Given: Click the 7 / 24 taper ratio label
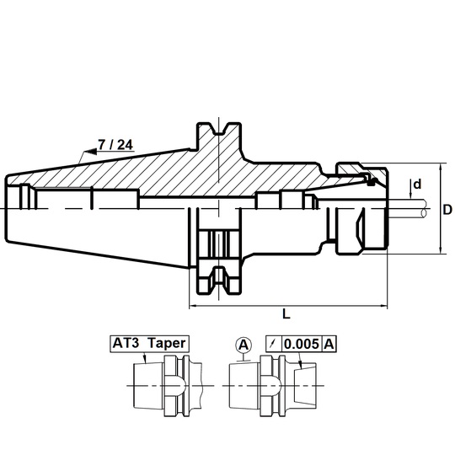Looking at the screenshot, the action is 115,145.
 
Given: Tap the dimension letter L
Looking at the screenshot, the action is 286,313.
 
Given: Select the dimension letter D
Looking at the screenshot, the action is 447,210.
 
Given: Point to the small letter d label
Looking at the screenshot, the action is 417,184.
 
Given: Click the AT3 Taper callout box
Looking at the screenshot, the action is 150,344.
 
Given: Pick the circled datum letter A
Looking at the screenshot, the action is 244,345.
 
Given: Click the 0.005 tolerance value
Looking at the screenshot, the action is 302,344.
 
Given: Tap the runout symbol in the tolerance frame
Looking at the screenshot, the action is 273,344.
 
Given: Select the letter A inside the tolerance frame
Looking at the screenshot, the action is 329,344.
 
